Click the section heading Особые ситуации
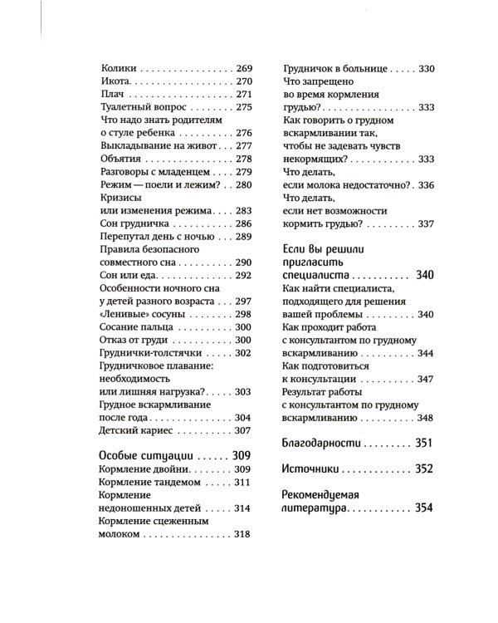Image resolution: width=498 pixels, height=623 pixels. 146,456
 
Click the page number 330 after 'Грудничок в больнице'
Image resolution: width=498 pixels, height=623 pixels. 426,68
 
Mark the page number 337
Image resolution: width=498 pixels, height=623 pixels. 426,223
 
